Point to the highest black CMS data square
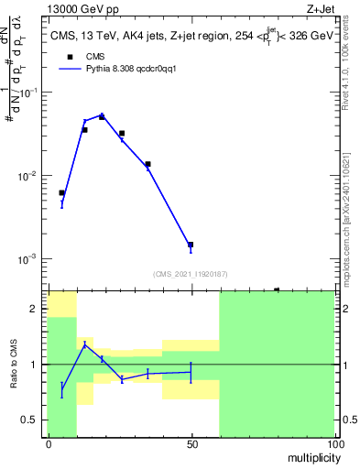point(102,116)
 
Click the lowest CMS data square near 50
point(191,245)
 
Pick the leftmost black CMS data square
point(61,192)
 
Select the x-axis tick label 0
point(48,444)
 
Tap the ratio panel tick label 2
point(32,310)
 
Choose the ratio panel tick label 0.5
point(28,420)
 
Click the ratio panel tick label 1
point(32,365)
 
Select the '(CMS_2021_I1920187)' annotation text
point(191,274)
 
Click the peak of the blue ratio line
point(84,344)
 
